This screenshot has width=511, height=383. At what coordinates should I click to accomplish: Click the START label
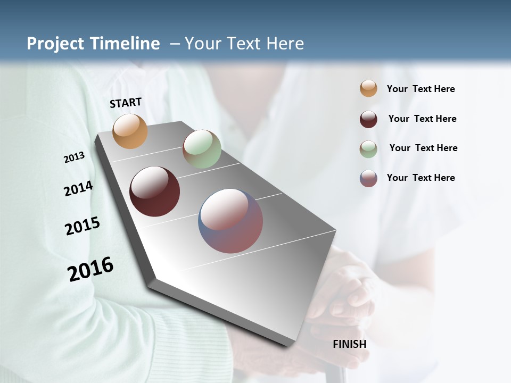[126, 103]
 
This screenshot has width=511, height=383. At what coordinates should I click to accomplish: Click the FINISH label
[350, 344]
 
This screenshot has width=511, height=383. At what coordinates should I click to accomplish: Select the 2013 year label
[74, 157]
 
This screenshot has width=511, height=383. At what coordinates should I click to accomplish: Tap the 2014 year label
[78, 189]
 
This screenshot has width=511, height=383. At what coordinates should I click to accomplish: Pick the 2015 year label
[83, 226]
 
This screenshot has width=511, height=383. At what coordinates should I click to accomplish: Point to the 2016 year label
[90, 269]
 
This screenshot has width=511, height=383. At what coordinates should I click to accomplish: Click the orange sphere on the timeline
[130, 131]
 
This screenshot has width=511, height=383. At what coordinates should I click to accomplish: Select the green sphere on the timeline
[202, 149]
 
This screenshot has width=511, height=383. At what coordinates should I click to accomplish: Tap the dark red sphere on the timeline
[154, 191]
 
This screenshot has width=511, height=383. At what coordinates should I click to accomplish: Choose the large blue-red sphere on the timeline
[230, 221]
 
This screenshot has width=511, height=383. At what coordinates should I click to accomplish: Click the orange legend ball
[368, 88]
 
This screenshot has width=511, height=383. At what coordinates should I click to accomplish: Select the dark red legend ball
[368, 119]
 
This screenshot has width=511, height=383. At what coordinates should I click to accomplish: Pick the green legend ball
[368, 149]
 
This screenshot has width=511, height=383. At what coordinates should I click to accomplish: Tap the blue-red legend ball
[368, 178]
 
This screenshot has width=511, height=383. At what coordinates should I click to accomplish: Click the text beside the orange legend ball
[421, 89]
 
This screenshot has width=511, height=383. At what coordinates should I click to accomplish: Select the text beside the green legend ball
[423, 148]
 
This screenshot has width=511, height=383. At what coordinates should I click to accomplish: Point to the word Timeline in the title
[127, 44]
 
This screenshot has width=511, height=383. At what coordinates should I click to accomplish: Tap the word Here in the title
[285, 44]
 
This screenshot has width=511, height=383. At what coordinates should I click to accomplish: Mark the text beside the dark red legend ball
[422, 119]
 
